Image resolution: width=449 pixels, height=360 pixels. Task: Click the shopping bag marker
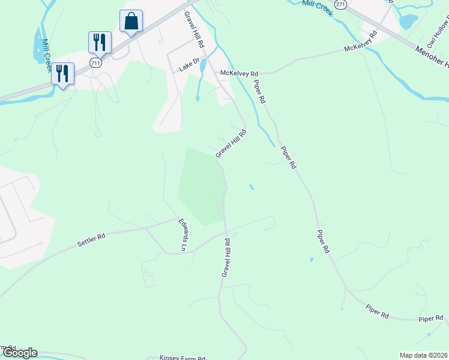coord(131,22)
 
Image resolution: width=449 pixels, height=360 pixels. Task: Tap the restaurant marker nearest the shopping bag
coord(100,43)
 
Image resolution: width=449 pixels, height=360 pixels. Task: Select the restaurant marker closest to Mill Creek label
coord(62,73)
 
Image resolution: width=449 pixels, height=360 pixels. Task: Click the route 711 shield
coord(95,62)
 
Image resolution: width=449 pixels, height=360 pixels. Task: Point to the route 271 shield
coord(341,4)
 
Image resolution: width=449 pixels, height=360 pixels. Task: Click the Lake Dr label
coord(189,69)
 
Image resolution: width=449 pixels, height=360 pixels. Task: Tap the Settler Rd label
coord(91,240)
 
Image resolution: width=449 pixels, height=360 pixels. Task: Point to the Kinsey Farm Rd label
coord(182,357)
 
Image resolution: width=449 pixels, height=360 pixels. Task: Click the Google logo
coord(19,353)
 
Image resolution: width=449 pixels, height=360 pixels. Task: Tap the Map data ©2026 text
coord(423,355)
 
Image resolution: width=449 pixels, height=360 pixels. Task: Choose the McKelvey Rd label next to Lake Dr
coord(238,73)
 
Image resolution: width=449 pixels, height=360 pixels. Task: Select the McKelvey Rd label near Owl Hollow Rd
coord(360,43)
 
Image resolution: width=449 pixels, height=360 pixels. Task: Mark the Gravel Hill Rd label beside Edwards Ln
coord(226,257)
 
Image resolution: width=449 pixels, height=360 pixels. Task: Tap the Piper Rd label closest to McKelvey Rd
coord(259,92)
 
